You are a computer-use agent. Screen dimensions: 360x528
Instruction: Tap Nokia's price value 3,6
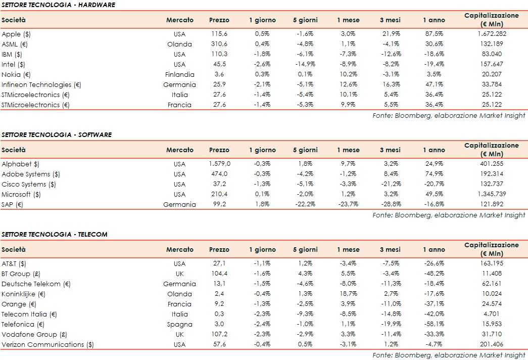pos(219,74)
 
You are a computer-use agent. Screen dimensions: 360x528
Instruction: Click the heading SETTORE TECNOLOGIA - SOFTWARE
pos(57,135)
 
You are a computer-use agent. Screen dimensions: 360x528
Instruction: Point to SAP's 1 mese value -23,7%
pos(348,205)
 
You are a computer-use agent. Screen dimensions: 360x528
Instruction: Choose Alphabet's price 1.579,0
pos(219,164)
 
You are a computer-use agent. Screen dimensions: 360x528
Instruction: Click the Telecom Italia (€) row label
pos(29,314)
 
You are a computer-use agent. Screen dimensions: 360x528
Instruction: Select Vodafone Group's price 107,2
pos(219,334)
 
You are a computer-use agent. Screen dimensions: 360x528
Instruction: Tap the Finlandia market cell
pos(179,74)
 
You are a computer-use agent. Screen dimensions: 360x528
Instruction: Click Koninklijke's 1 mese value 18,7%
pos(348,294)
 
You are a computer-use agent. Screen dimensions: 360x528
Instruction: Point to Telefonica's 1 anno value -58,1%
pos(434,324)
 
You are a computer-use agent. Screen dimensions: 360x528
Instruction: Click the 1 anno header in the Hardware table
pos(434,20)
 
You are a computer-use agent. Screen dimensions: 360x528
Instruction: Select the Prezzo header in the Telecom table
pos(219,249)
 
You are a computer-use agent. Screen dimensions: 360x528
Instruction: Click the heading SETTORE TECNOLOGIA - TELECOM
pos(55,235)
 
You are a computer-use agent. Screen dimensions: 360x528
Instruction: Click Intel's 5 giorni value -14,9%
pos(305,64)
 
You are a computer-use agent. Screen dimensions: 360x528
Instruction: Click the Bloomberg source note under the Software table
pos(449,215)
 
